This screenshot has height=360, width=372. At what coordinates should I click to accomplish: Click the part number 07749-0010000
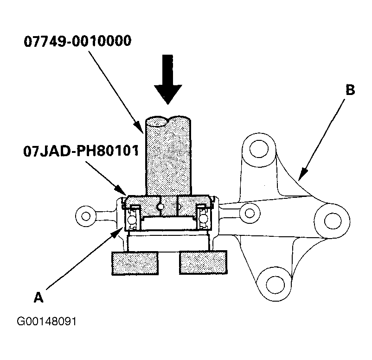tap(77, 41)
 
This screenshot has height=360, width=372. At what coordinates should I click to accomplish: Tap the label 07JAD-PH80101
tap(81, 151)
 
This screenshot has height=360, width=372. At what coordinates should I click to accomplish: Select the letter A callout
tap(38, 297)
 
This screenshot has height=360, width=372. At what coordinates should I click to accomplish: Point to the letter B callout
tap(350, 90)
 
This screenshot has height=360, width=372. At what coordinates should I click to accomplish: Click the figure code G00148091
tap(47, 322)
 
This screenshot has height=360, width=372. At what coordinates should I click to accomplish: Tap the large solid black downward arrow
tap(168, 79)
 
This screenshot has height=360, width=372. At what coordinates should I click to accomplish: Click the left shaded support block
tap(135, 263)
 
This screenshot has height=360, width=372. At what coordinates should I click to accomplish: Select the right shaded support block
tap(203, 263)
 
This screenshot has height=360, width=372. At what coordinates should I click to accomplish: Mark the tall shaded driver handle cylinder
tap(168, 156)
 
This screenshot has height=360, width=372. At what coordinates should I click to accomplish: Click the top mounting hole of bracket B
tap(259, 149)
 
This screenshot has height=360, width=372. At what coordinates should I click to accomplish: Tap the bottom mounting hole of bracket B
tap(275, 284)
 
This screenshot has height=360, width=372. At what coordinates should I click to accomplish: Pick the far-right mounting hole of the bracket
tap(333, 221)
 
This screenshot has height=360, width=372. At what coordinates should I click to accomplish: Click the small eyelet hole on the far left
tap(86, 216)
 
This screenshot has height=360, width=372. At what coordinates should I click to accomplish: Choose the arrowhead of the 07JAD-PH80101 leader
tap(121, 190)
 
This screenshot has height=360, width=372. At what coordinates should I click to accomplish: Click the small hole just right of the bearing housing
tap(250, 213)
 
